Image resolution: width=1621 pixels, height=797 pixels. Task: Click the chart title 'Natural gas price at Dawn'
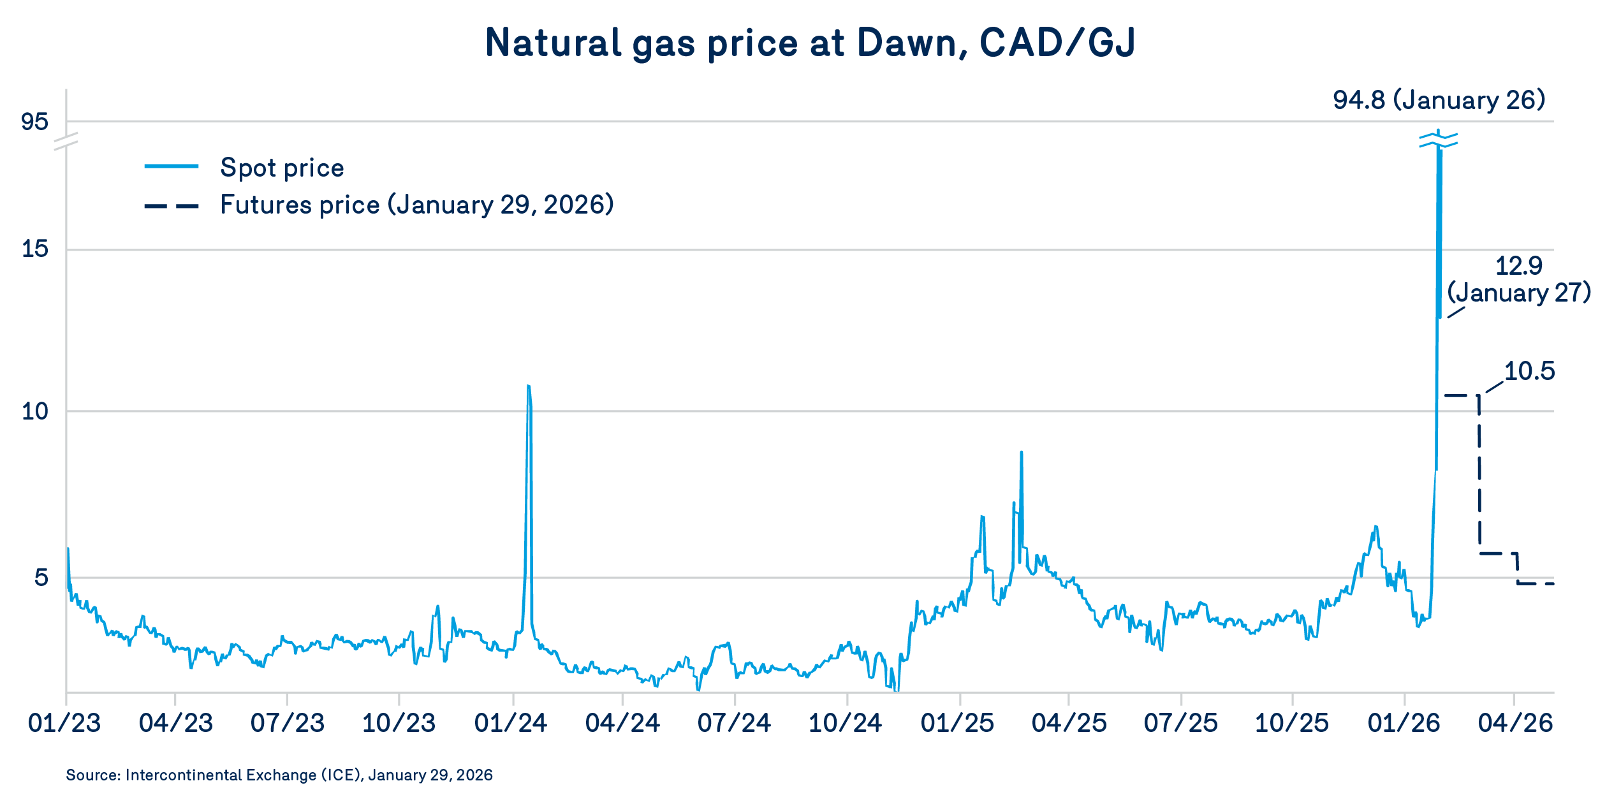810,43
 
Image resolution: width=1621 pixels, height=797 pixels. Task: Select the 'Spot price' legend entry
281,168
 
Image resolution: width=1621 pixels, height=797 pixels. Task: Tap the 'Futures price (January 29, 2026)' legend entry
416,205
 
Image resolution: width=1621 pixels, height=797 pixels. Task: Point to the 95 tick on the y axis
34,121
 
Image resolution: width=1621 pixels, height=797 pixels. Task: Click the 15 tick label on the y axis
34,249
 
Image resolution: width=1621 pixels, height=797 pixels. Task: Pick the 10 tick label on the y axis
34,411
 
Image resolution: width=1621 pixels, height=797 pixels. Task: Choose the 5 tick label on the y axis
41,578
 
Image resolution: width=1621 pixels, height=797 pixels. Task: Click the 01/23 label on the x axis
64,723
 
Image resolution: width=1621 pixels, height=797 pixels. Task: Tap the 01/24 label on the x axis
511,723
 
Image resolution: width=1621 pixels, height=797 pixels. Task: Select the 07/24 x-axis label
734,723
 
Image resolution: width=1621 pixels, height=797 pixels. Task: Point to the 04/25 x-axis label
1069,723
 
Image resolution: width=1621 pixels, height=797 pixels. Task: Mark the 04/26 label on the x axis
1515,723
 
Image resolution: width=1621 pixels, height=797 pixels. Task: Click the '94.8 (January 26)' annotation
1439,100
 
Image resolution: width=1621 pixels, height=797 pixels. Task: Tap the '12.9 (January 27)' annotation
1519,279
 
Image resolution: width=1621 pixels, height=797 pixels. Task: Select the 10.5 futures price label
1529,371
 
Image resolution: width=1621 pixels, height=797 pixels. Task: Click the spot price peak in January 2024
529,386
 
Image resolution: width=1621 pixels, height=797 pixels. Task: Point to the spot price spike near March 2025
1022,453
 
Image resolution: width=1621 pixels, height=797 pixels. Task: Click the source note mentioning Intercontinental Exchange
279,775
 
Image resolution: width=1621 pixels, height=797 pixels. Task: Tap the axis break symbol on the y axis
66,141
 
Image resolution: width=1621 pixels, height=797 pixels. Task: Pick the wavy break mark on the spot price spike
1439,140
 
